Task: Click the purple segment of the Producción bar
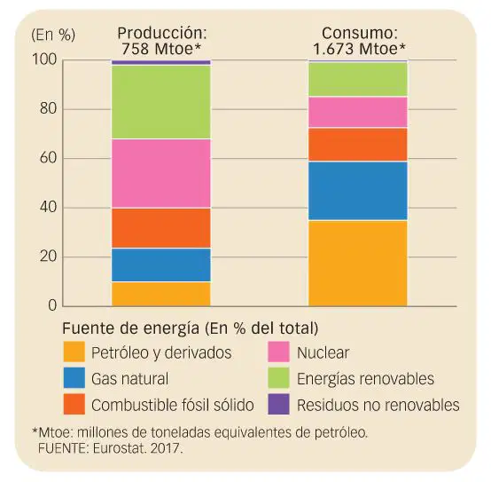tap(161, 62)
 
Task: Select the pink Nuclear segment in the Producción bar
tap(161, 173)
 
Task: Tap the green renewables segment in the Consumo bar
tap(358, 79)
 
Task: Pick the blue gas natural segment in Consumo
tap(358, 191)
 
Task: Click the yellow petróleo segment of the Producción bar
tap(161, 294)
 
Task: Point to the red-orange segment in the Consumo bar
tap(358, 145)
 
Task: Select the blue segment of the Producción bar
tap(161, 265)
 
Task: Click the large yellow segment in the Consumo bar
tap(358, 264)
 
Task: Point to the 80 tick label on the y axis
tap(48, 108)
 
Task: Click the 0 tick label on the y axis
tap(52, 305)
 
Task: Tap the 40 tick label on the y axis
tap(48, 207)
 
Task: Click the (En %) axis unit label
tap(53, 35)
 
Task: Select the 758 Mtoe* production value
tap(161, 49)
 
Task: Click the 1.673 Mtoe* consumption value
tap(359, 49)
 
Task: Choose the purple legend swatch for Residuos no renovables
tap(278, 404)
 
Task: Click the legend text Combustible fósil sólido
tap(173, 405)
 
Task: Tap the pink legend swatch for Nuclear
tap(278, 352)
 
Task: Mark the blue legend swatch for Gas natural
tap(74, 378)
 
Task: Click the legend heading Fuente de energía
tap(131, 328)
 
